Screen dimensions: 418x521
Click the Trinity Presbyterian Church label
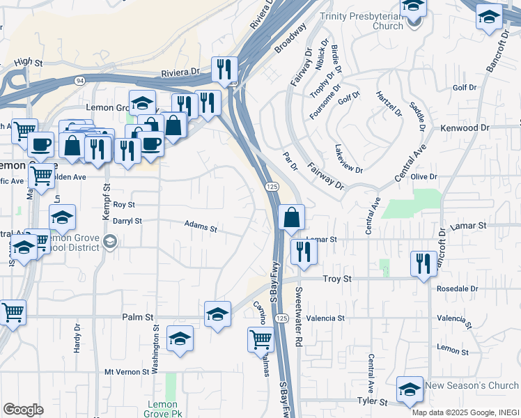(x=362, y=21)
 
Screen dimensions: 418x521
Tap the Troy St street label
(x=339, y=279)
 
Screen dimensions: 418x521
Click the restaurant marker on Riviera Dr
(x=224, y=70)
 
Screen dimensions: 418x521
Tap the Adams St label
(x=201, y=226)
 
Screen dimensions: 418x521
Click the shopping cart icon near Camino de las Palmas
(x=260, y=340)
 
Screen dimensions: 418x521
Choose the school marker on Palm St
(x=218, y=314)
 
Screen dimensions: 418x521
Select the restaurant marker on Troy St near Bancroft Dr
(x=423, y=263)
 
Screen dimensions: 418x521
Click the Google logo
(x=23, y=410)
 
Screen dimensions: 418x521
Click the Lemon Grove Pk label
(x=164, y=409)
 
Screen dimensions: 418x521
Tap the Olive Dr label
(x=423, y=178)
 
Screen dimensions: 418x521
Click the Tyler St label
(x=372, y=401)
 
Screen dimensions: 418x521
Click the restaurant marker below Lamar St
(x=303, y=251)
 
